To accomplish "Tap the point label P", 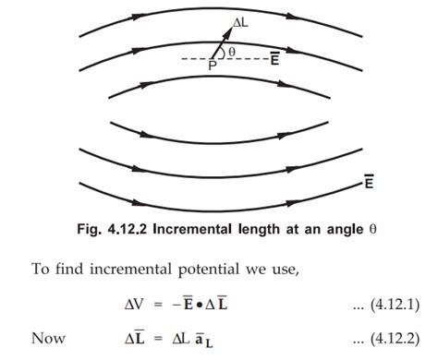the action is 211,66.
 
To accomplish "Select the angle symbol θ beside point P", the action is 230,51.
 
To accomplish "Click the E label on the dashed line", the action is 275,59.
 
